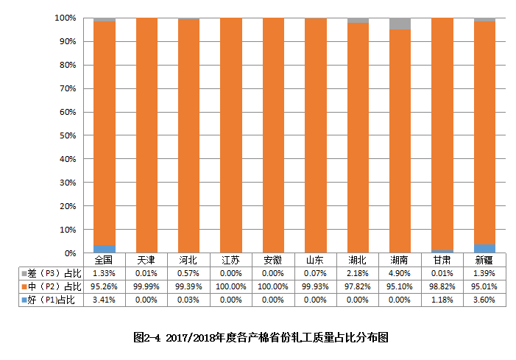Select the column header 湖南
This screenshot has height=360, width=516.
click(x=400, y=260)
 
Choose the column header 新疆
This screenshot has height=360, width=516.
click(x=484, y=260)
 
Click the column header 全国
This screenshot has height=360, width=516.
click(x=104, y=260)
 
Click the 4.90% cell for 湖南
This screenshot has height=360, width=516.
click(x=400, y=273)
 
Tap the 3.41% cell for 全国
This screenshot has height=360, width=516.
click(x=104, y=300)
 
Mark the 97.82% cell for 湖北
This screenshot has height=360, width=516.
click(x=358, y=286)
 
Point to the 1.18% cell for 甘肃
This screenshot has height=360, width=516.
click(x=442, y=300)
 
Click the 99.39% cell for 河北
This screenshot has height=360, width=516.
click(x=188, y=286)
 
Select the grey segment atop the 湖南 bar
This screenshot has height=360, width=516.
click(x=400, y=24)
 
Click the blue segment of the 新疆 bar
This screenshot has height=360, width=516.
click(x=484, y=249)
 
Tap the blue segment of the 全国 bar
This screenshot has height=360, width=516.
click(x=104, y=249)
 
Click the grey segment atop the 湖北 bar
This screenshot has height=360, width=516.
click(x=358, y=21)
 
